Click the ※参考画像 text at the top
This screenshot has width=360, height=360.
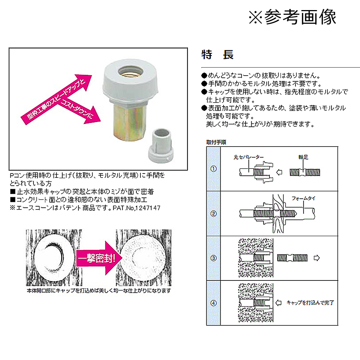pos(292,17)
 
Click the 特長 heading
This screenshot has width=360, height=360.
pos(217,55)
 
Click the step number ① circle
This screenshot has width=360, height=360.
pos(213,169)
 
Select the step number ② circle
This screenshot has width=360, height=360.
pos(213,213)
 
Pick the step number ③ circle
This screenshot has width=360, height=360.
pos(213,258)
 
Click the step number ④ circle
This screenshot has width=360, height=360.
pos(213,303)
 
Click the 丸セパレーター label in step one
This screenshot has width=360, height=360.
pos(248,157)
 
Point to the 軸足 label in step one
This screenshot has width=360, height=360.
pos(303,157)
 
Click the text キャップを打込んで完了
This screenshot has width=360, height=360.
pos(310,303)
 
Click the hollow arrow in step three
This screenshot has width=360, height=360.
pos(317,258)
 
